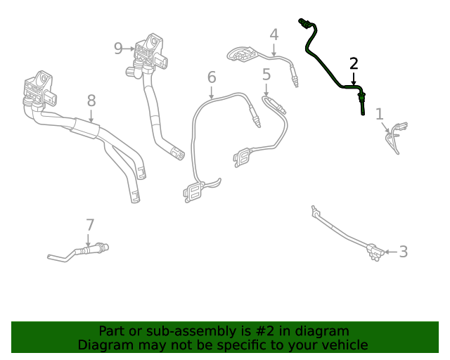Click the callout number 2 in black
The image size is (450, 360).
[354, 64]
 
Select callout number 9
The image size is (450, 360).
[118, 49]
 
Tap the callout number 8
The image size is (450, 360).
[91, 101]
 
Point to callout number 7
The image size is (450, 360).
[90, 225]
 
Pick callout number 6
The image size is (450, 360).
[212, 77]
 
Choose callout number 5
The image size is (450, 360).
[266, 75]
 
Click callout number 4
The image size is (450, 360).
[274, 34]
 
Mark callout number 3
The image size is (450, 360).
[404, 252]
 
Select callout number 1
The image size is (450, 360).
[380, 114]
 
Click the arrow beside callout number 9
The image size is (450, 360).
[129, 49]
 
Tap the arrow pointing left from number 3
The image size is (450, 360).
[391, 252]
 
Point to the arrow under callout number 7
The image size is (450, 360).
[88, 240]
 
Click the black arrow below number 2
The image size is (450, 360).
[354, 79]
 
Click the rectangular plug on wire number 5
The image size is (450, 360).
[243, 157]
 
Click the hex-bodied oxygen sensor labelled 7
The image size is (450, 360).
[92, 249]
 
